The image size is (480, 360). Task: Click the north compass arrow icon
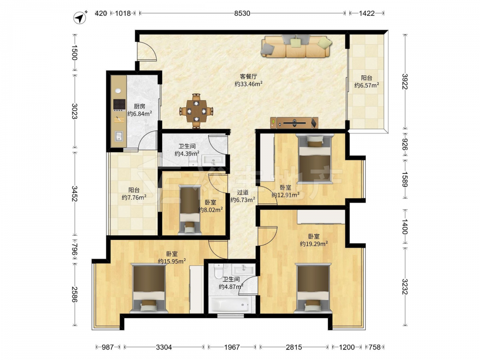[80, 18]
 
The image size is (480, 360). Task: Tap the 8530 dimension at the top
[242, 13]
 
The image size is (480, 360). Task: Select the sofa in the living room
[296, 47]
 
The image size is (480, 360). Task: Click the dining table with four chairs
[196, 110]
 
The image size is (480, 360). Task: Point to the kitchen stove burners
[119, 104]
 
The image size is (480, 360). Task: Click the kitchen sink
[119, 136]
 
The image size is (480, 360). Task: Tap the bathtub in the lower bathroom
[231, 305]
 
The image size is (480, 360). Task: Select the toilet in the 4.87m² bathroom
[218, 271]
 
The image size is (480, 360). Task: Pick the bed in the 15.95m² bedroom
[149, 288]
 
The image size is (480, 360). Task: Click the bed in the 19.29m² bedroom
[313, 288]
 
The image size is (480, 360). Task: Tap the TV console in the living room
[294, 123]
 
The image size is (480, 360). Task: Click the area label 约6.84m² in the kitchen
[140, 114]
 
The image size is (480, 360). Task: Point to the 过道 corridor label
[242, 192]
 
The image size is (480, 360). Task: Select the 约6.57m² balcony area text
[366, 85]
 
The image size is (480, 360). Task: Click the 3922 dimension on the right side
[405, 82]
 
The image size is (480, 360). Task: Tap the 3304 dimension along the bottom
[164, 347]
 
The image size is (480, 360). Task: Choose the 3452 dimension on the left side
[74, 193]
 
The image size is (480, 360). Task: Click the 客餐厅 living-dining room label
[248, 76]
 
